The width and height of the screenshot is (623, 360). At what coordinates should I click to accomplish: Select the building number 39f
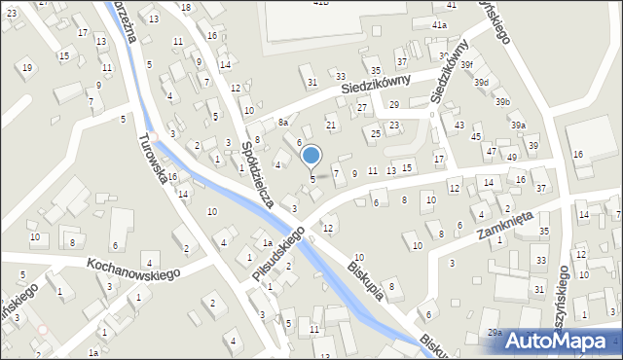click(466, 64)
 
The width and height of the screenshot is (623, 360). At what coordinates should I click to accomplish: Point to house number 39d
click(481, 83)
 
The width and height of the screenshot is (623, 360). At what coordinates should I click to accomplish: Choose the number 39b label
click(502, 102)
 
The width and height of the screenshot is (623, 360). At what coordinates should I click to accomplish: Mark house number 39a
click(519, 125)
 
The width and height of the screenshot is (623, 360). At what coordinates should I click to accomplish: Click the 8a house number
click(283, 123)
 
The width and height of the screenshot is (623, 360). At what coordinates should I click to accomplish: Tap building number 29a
click(495, 333)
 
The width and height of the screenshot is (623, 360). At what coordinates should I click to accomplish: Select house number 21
click(331, 126)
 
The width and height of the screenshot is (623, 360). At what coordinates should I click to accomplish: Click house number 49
click(512, 157)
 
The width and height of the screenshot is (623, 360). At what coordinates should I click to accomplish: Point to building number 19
click(27, 67)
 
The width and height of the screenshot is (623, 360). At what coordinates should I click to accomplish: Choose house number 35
click(544, 231)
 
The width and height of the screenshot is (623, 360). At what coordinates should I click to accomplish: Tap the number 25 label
click(376, 133)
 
